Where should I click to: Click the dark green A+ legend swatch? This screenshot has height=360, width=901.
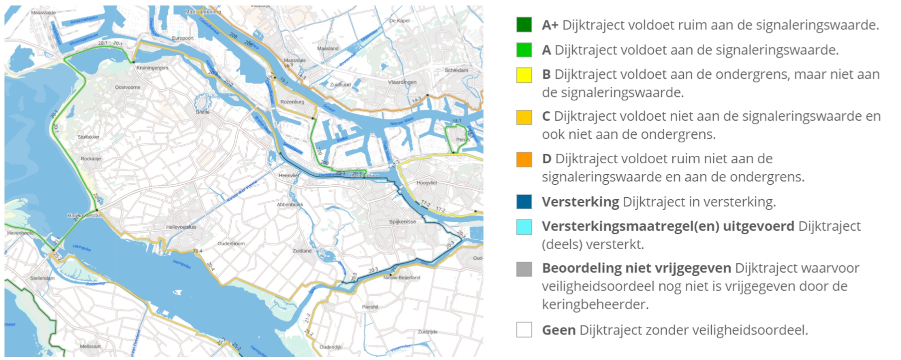[x=524, y=24]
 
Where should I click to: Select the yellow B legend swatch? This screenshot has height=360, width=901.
[x=524, y=75]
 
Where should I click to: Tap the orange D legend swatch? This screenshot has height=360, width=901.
[x=524, y=159]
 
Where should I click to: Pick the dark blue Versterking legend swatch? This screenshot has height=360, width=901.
[x=524, y=202]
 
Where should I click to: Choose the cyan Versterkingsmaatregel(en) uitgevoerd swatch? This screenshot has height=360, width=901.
[x=524, y=227]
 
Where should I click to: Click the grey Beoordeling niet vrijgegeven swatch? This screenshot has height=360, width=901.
[x=524, y=269]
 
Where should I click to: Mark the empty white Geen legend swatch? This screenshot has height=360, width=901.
[x=524, y=330]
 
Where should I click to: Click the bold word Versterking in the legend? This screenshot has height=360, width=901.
[x=580, y=202]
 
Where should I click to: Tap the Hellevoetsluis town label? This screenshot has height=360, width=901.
[x=181, y=227]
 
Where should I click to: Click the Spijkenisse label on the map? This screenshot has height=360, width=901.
[x=403, y=222]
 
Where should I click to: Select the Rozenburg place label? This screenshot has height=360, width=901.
[x=292, y=102]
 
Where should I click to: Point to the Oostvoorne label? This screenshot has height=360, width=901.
[x=127, y=87]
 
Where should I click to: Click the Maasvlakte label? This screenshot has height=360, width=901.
[x=43, y=12]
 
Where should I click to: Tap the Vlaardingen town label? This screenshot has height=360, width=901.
[x=402, y=82]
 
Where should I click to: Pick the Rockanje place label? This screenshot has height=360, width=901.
[x=91, y=159]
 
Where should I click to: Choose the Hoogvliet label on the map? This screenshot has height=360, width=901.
[x=427, y=183]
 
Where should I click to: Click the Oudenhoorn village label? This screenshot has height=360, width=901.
[x=231, y=244]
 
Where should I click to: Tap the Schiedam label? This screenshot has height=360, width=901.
[x=456, y=70]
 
